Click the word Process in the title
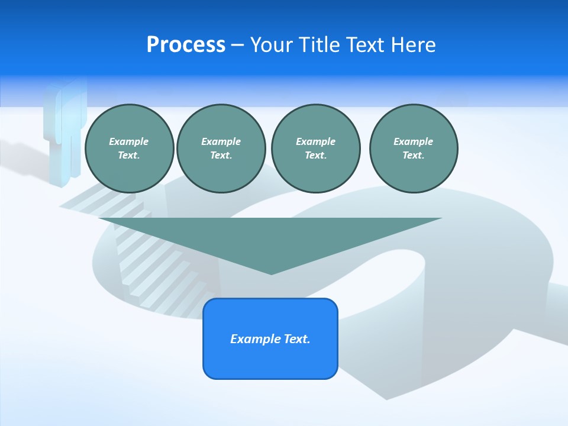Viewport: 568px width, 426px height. click(x=186, y=45)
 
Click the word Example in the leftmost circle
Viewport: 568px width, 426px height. click(x=129, y=141)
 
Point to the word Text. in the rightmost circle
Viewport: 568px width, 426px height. click(x=413, y=155)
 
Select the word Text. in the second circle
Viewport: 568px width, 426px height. click(x=221, y=155)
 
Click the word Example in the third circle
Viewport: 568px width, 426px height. click(x=315, y=141)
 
